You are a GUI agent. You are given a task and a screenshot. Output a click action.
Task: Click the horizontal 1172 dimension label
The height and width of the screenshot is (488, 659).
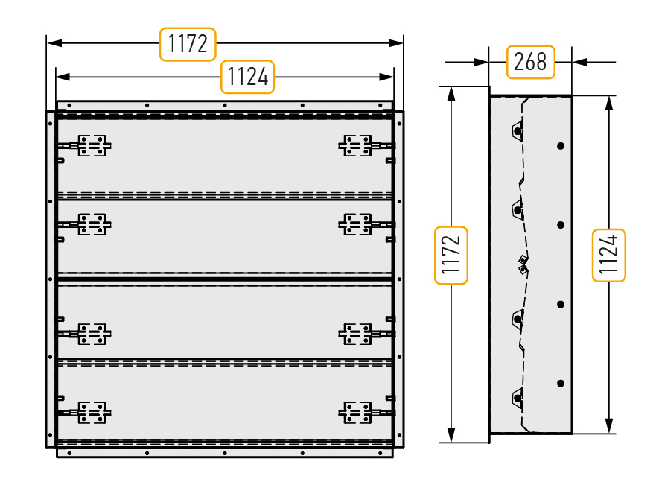[x=188, y=44]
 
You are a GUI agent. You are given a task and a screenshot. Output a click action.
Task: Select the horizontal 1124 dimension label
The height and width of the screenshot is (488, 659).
[x=247, y=77]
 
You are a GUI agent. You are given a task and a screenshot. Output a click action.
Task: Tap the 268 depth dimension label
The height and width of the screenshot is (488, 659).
[x=530, y=63]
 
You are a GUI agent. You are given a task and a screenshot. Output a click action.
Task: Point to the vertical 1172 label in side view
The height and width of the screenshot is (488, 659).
[x=451, y=256]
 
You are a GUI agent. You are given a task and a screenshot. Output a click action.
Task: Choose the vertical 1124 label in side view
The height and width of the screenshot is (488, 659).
[x=608, y=256]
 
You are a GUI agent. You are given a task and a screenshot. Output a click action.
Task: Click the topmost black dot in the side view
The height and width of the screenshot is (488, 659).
[x=561, y=146]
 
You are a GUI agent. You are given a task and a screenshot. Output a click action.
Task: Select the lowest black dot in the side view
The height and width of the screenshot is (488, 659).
[x=561, y=384]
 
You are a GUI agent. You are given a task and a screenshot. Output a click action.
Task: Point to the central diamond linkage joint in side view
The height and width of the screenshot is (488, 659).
[x=523, y=264]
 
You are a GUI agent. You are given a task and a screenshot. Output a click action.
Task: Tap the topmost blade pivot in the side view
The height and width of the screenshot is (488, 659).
[x=518, y=130]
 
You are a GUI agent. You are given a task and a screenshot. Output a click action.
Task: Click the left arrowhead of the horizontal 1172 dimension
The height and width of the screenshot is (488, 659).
[x=54, y=43]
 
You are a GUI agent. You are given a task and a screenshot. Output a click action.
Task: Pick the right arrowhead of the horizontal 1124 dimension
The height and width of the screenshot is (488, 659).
[x=386, y=77]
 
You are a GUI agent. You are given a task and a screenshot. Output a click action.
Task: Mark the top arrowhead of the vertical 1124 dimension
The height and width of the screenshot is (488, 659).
[x=609, y=103]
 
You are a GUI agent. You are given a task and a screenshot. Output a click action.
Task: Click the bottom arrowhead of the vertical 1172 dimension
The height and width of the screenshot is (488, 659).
[x=451, y=435]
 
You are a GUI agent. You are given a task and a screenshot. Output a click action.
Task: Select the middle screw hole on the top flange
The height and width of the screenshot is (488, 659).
[x=225, y=105]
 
